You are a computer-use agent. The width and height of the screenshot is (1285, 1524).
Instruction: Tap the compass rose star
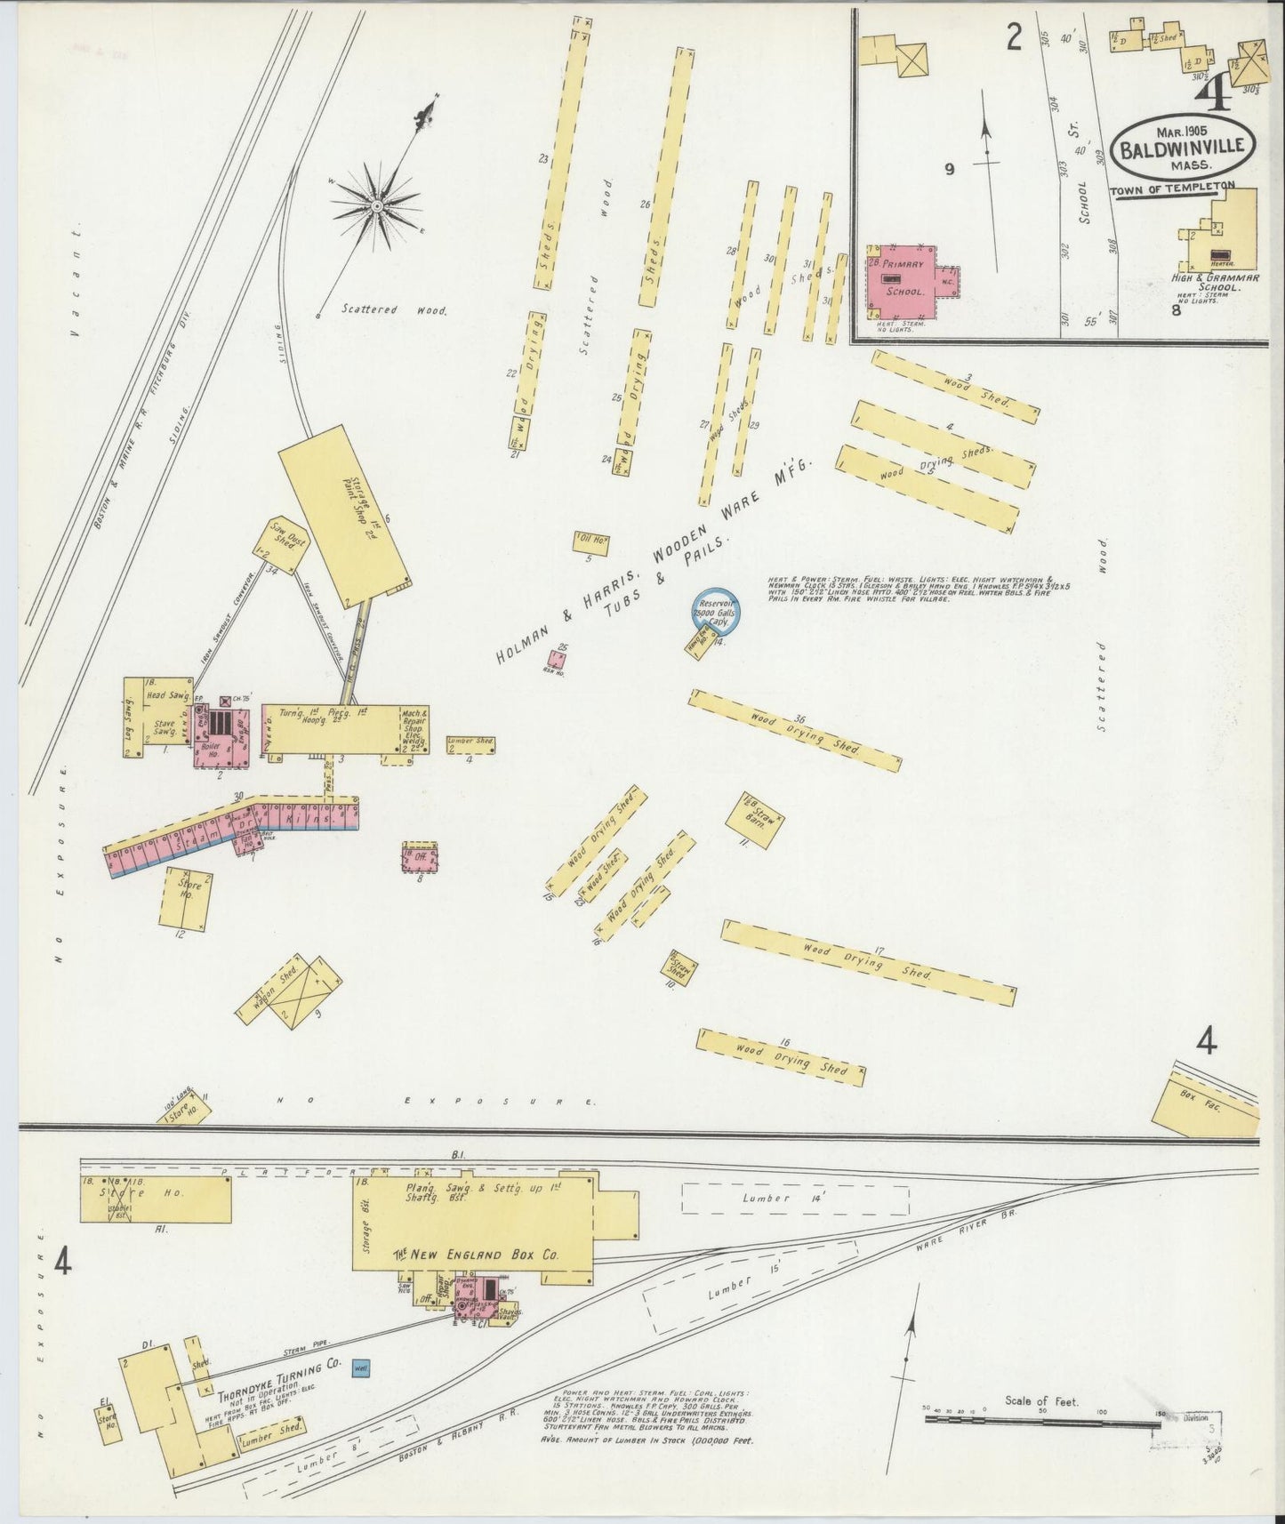click(378, 206)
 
